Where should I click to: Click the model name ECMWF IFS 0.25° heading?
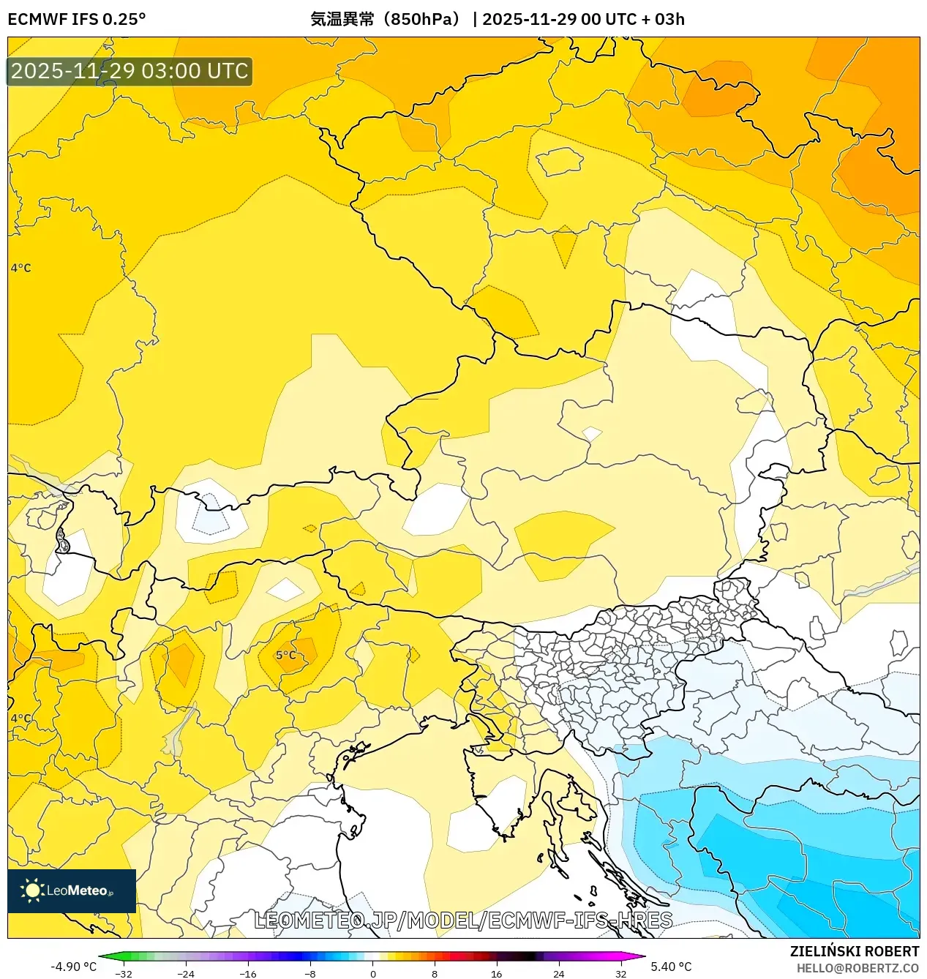[x=77, y=19]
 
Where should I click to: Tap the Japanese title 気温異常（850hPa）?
[x=387, y=19]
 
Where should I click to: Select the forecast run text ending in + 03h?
[x=583, y=19]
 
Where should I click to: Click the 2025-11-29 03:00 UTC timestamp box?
[x=130, y=71]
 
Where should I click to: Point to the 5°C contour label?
[x=286, y=655]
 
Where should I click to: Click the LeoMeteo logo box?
[x=72, y=890]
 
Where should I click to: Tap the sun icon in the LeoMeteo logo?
[x=32, y=890]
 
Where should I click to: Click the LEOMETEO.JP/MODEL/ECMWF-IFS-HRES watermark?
[x=462, y=920]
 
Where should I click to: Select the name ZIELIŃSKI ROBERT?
[x=854, y=951]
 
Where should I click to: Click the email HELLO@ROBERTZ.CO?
[x=857, y=968]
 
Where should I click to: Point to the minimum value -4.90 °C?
[x=73, y=967]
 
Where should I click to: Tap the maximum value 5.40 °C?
[x=671, y=967]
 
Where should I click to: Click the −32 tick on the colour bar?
[x=124, y=974]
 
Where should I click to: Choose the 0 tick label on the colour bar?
[x=372, y=974]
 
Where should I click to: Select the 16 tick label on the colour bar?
[x=497, y=974]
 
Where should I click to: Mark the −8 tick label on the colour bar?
[x=310, y=974]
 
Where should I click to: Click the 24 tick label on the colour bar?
[x=559, y=974]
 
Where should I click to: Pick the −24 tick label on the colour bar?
[x=186, y=974]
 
